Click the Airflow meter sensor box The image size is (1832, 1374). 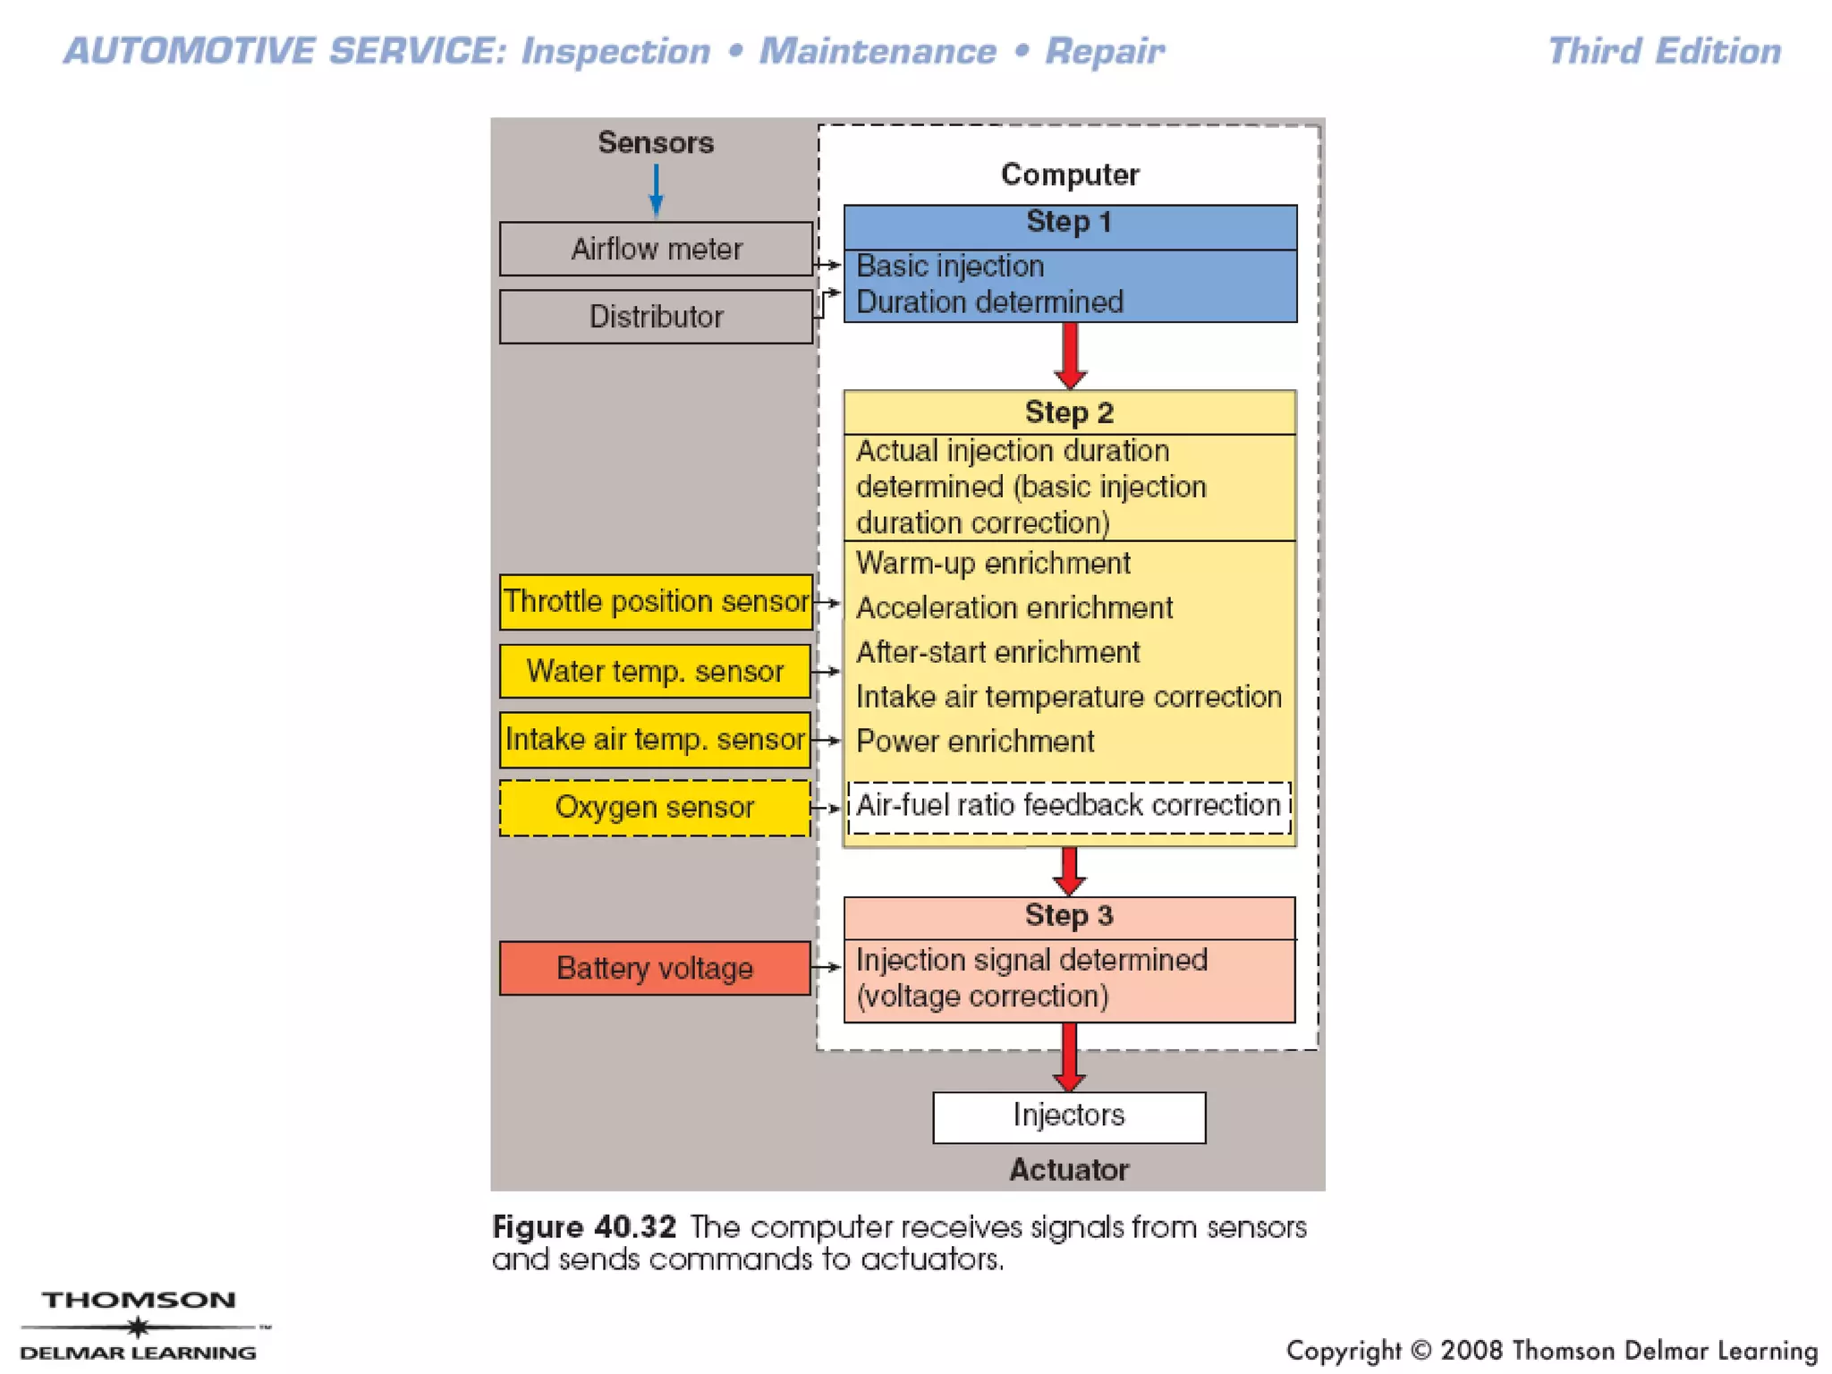click(x=656, y=249)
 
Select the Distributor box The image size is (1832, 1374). click(x=656, y=317)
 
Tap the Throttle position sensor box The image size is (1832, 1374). click(x=656, y=602)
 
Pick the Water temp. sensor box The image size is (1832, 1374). click(x=656, y=671)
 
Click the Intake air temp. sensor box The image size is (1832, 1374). click(x=656, y=740)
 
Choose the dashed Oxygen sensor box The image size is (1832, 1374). click(x=656, y=808)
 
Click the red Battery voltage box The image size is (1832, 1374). click(x=656, y=968)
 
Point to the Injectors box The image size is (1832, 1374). click(x=1069, y=1116)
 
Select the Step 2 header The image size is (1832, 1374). click(x=1070, y=412)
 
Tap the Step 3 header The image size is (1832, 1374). click(x=1070, y=916)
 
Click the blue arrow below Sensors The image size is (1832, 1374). click(x=657, y=190)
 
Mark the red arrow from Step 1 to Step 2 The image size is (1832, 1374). click(x=1070, y=355)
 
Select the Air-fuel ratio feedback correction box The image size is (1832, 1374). click(x=1069, y=806)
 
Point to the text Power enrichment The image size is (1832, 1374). click(x=975, y=742)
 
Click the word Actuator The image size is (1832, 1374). click(x=1069, y=1170)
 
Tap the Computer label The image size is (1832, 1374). click(x=1070, y=174)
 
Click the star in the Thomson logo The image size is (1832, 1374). click(x=138, y=1327)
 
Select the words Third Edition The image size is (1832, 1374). click(x=1665, y=52)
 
